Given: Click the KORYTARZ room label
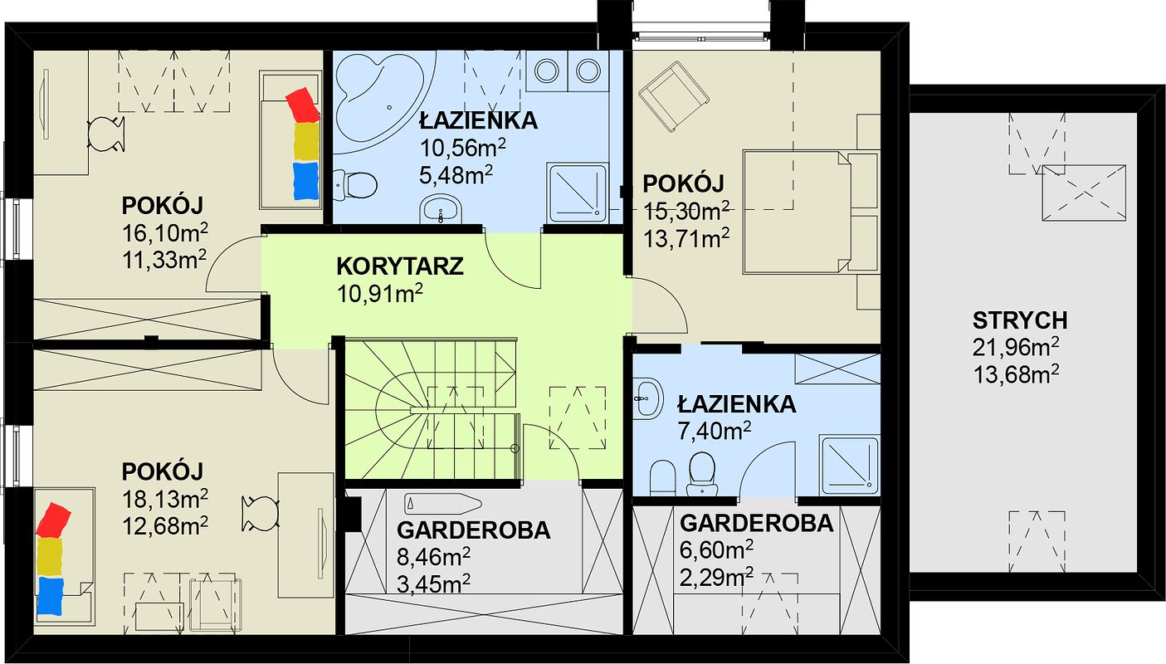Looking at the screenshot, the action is point(400,266).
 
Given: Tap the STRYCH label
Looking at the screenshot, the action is point(1020,321).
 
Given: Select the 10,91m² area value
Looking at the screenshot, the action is point(379,294).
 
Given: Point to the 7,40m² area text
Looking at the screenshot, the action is point(714,430).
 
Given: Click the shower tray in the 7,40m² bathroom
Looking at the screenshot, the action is point(849,465).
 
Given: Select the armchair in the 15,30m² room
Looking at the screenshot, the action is point(674,95).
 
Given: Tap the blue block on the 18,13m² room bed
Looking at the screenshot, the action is point(50,596).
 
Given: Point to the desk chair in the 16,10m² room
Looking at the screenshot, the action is point(106,134).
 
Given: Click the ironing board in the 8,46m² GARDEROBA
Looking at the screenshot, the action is point(442,504).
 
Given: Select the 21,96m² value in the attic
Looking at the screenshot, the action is point(1016,348).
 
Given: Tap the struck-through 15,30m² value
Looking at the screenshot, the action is point(687,212).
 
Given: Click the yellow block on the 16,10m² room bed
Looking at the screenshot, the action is point(306,140).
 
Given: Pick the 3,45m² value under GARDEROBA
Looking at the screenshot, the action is point(433,583).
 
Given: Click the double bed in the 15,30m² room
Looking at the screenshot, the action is point(811,212).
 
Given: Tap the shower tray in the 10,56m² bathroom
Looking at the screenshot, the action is point(578,193).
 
